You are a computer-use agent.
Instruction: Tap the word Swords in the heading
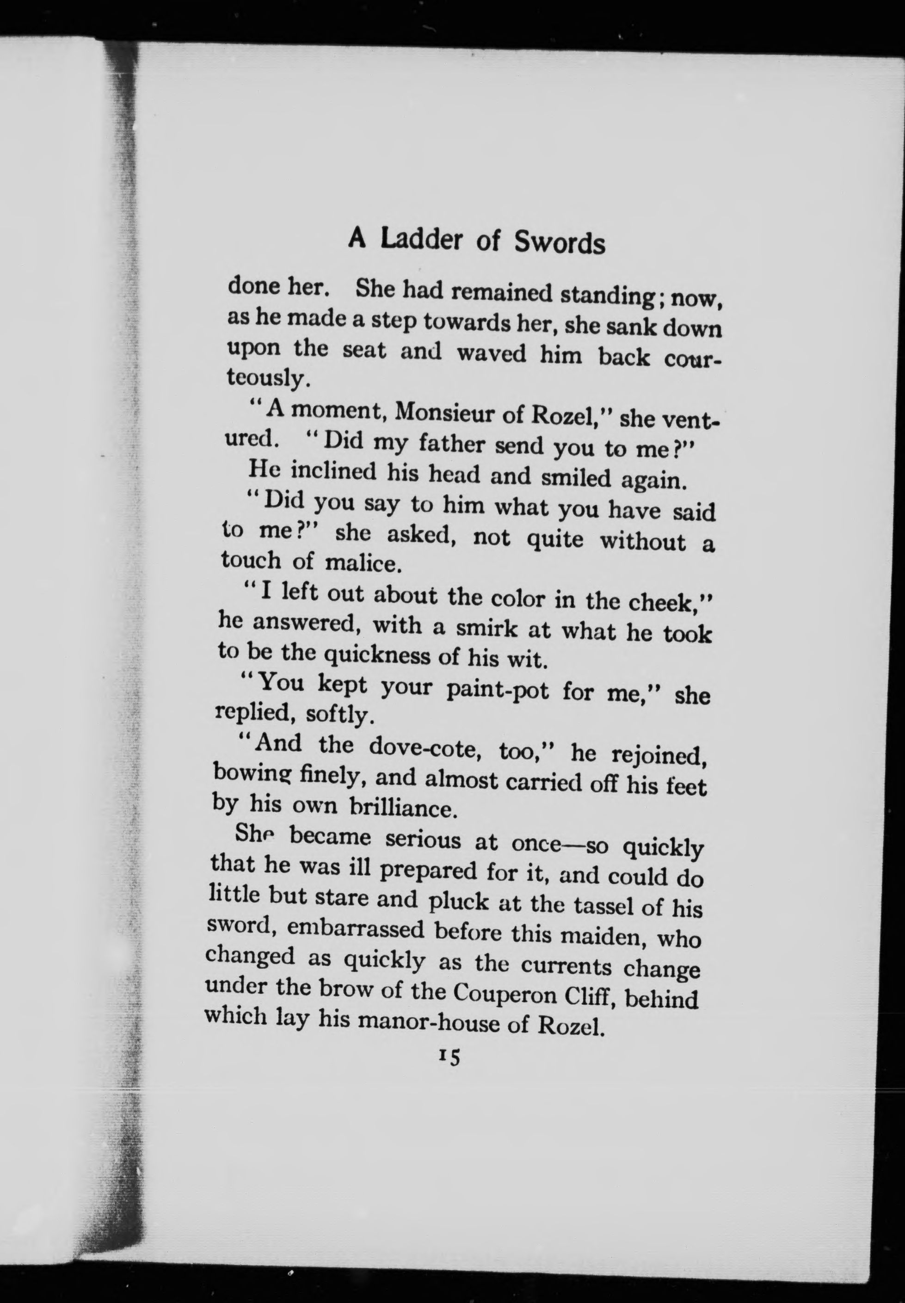[559, 243]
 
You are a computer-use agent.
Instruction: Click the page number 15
[449, 1056]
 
